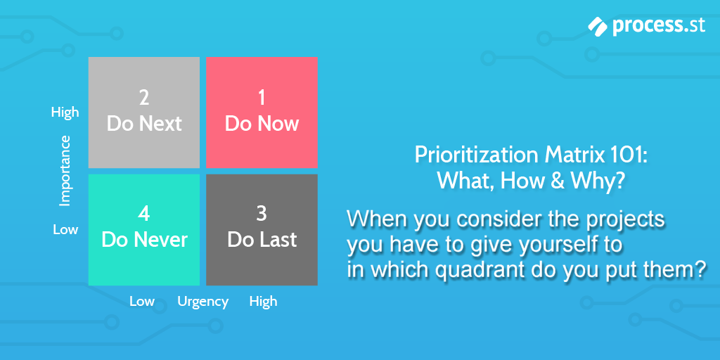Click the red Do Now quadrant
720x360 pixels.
click(262, 112)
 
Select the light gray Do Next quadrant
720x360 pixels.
click(144, 112)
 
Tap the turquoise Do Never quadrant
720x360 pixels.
click(144, 230)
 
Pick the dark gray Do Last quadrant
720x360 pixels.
click(262, 230)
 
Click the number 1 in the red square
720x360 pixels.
click(262, 97)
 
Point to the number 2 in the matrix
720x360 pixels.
click(144, 97)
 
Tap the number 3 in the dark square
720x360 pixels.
click(262, 214)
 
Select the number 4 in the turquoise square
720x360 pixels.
click(144, 214)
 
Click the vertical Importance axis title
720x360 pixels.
click(65, 170)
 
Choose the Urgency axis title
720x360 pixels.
click(203, 302)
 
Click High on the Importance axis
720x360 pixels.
click(65, 112)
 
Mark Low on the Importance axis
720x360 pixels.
click(65, 229)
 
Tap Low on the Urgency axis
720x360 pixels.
click(142, 302)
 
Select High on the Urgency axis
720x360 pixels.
click(263, 301)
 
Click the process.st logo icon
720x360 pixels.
click(598, 26)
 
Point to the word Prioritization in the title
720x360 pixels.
click(478, 155)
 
